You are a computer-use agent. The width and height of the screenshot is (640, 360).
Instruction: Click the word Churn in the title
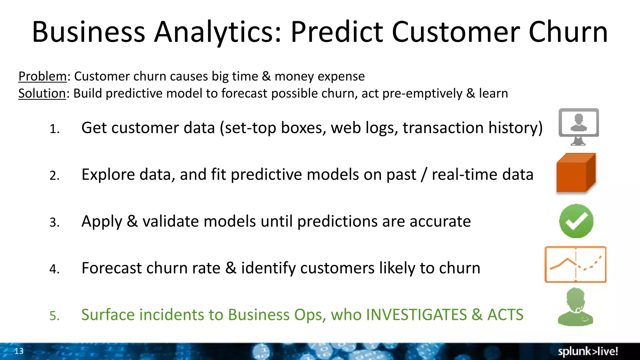click(x=568, y=32)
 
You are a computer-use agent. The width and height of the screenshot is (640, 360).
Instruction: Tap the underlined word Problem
click(x=42, y=76)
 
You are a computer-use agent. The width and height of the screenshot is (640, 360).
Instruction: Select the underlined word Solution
click(x=42, y=93)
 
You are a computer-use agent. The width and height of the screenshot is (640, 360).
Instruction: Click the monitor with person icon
click(x=578, y=126)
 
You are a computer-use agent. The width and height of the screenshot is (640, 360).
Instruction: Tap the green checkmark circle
click(x=576, y=221)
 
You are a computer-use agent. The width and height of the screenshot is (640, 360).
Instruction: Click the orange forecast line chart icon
click(x=575, y=264)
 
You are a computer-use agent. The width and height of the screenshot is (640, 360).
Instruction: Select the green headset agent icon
click(x=576, y=307)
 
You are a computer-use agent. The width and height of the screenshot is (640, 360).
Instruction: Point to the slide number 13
click(x=19, y=351)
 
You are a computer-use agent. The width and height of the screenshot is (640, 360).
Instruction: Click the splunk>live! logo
click(x=588, y=352)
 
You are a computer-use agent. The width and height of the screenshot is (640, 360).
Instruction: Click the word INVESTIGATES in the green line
click(x=416, y=315)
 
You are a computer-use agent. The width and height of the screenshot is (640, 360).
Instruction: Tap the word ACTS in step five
click(x=505, y=315)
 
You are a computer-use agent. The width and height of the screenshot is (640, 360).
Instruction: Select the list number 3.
click(x=54, y=222)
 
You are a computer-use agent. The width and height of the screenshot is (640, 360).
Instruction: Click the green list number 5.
click(x=54, y=316)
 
